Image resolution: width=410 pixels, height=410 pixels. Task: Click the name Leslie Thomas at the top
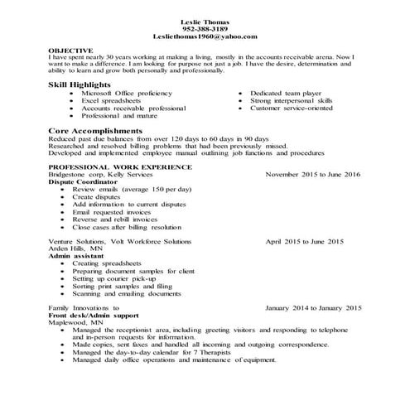click(205, 21)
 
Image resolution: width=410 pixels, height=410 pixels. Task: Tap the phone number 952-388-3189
click(205, 28)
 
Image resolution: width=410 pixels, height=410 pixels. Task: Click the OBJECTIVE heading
click(71, 50)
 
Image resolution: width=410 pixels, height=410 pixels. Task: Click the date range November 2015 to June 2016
click(313, 175)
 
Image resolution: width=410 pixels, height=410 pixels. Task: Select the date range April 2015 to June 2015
click(304, 241)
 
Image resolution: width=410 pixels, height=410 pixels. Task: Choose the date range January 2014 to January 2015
click(313, 307)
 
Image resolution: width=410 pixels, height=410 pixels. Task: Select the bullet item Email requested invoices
click(111, 211)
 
